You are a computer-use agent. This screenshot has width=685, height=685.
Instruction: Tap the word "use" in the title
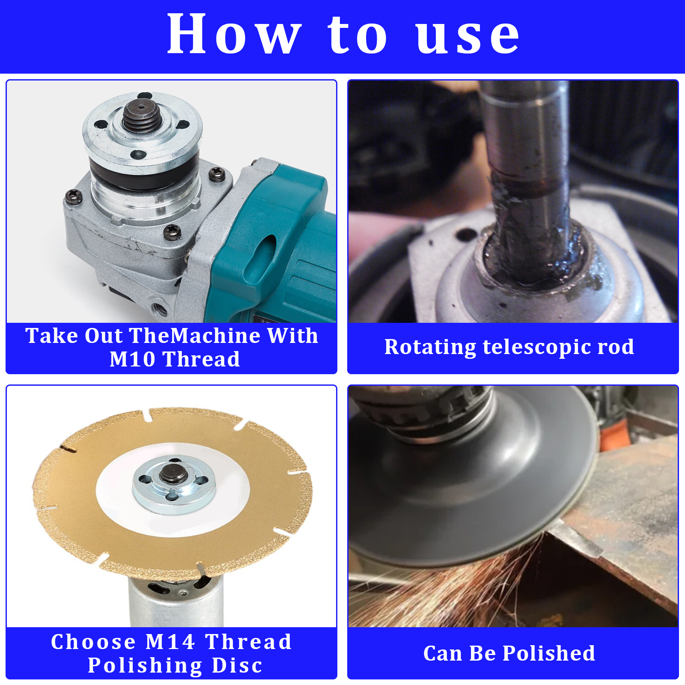468,37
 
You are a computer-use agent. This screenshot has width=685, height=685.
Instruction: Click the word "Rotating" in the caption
430,347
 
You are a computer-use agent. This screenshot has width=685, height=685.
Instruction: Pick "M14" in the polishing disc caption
170,641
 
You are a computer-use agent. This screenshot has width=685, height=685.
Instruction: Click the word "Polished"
549,653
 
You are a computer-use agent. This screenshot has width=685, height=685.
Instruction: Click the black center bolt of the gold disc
174,474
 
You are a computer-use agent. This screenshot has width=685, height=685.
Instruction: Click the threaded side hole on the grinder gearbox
159,307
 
